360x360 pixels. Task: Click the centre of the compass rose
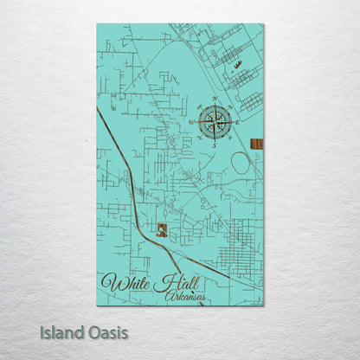(x=215, y=122)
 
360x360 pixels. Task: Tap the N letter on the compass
(x=215, y=100)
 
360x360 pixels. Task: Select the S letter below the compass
(x=215, y=145)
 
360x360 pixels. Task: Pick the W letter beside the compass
(x=191, y=123)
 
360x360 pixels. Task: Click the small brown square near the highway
(x=161, y=229)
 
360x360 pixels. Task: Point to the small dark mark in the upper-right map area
(x=237, y=64)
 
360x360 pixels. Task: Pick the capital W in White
(x=111, y=282)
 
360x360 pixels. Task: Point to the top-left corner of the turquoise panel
(x=97, y=25)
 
